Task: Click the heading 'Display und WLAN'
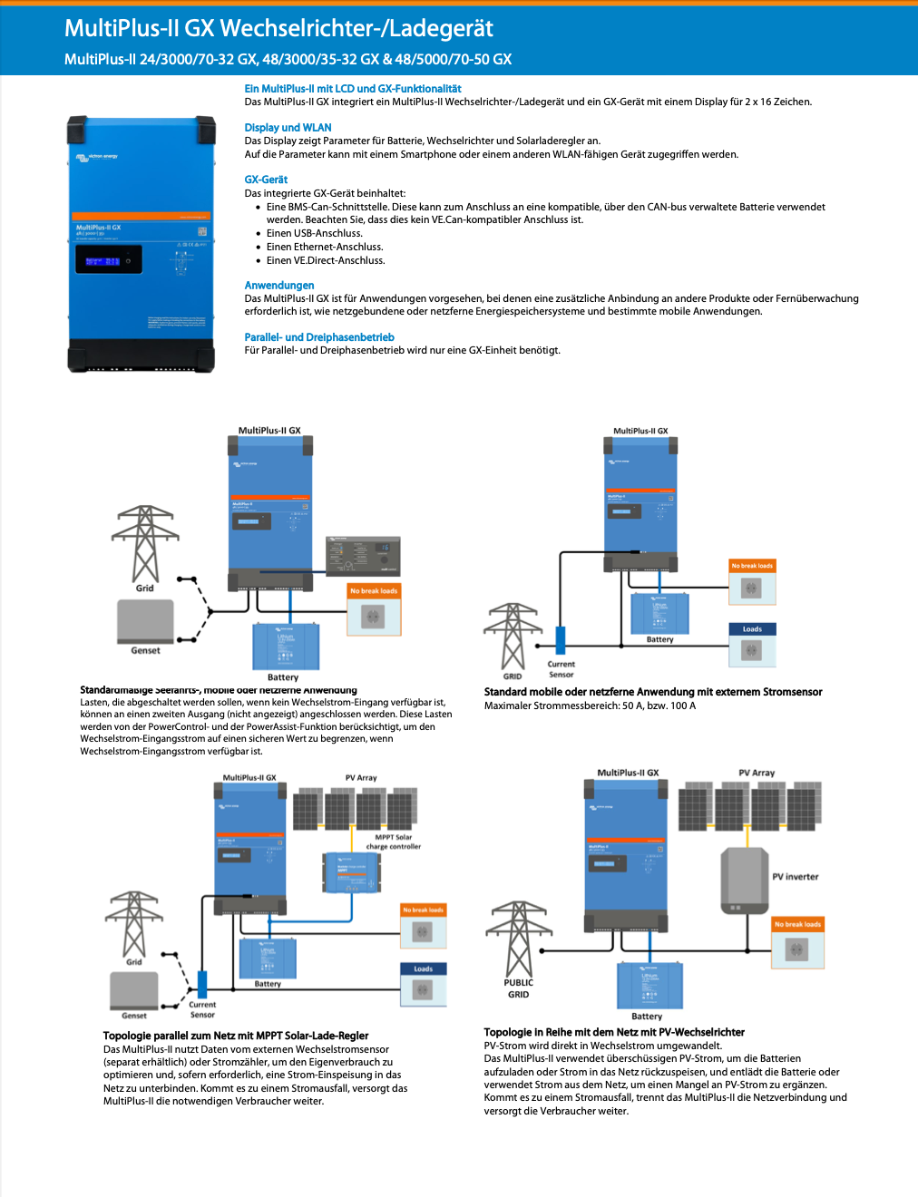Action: click(x=288, y=128)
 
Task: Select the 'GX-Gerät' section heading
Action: click(x=266, y=180)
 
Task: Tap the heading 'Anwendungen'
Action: click(x=279, y=286)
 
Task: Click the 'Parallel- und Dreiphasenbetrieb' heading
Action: click(x=319, y=337)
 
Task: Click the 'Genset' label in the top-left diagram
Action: click(x=145, y=650)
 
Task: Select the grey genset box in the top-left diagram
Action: click(x=145, y=621)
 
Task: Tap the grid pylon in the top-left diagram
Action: click(x=145, y=544)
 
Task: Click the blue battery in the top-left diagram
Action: click(x=286, y=647)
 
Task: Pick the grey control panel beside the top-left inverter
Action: click(x=362, y=556)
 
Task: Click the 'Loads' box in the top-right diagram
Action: click(x=752, y=644)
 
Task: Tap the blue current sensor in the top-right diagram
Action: click(x=561, y=639)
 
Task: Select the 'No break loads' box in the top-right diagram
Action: click(x=752, y=582)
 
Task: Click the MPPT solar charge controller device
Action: click(x=351, y=871)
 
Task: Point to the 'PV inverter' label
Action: click(x=796, y=877)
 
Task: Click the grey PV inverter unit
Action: click(x=745, y=880)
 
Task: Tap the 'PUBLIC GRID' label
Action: click(x=519, y=988)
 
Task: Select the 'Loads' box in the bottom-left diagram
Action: click(x=423, y=985)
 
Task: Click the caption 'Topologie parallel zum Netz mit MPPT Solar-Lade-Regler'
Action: click(x=236, y=1036)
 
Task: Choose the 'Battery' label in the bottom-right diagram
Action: click(x=647, y=1017)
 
